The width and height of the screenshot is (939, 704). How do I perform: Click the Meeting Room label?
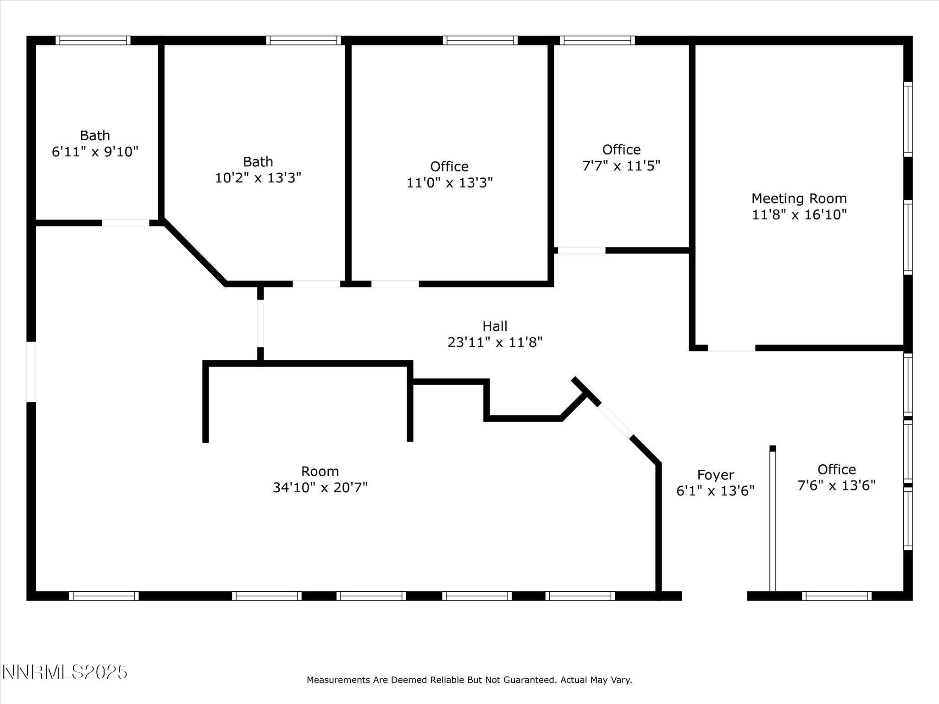click(799, 198)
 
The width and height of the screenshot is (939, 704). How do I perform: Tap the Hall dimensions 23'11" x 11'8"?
click(495, 342)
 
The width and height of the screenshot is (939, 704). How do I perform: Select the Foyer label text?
click(715, 475)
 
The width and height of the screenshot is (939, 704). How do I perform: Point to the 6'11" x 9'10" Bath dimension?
click(95, 152)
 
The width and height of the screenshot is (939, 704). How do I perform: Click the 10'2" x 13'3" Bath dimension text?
click(258, 178)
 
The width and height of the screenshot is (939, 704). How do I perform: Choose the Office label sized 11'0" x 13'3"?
click(449, 166)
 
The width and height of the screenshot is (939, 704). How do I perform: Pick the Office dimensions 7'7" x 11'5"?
click(621, 165)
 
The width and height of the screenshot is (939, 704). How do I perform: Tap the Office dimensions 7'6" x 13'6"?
click(837, 485)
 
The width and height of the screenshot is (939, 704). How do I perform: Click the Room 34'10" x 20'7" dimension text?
click(320, 487)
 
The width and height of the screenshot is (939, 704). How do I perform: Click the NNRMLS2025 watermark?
click(65, 672)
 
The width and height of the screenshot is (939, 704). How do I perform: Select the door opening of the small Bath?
click(125, 223)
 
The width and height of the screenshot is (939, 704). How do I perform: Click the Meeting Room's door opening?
click(731, 348)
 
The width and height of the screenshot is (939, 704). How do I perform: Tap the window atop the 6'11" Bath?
click(93, 40)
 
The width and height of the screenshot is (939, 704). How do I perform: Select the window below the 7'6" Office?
click(837, 596)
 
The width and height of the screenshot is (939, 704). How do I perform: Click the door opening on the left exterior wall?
click(31, 372)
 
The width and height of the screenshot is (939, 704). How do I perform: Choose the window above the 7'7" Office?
click(597, 40)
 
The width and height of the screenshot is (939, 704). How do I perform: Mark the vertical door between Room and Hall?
click(260, 323)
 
